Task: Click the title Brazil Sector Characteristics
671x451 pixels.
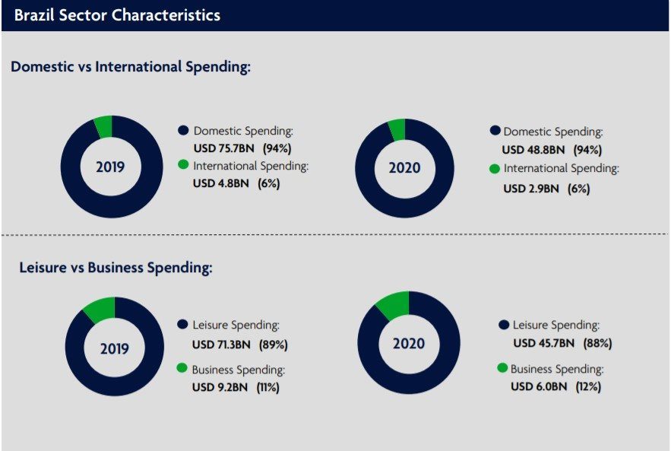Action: pos(117,15)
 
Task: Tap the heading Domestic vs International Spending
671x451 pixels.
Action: pos(131,67)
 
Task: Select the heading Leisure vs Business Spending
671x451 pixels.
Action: pos(115,267)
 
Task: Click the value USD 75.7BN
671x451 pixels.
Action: pos(224,148)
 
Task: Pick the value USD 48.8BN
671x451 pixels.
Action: pos(533,150)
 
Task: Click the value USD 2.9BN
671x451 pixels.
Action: pos(530,188)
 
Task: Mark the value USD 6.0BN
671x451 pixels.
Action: pos(539,386)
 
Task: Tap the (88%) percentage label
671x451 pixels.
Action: pos(597,343)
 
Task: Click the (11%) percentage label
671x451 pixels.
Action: pos(267,387)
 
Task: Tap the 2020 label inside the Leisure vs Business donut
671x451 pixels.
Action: pos(409,344)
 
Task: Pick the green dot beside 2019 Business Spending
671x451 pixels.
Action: pos(182,368)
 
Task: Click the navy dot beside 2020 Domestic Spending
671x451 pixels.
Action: pos(495,131)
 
